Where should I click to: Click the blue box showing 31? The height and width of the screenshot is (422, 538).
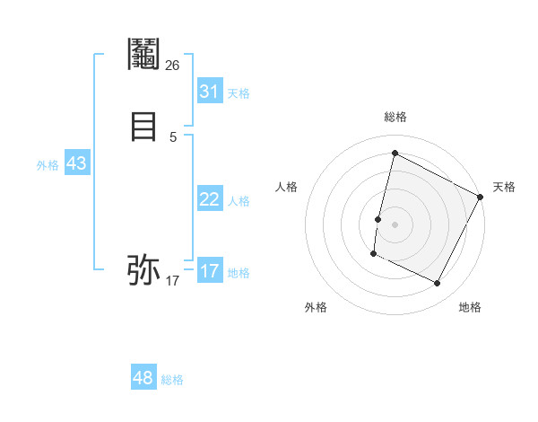point(209,92)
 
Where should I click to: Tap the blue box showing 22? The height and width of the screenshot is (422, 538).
point(209,199)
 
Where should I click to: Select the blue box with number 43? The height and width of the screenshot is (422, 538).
point(76,163)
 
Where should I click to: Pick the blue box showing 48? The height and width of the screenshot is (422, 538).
point(143,378)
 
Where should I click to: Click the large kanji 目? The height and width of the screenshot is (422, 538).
point(143,127)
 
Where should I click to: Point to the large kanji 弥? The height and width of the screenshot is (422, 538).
point(143,268)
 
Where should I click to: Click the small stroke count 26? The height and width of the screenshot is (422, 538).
point(172,65)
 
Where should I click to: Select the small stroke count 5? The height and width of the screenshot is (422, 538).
point(172,136)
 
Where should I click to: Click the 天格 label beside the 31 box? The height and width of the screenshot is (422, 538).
point(239,93)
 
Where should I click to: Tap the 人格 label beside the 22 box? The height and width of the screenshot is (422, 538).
point(239,201)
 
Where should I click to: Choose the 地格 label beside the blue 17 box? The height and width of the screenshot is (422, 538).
point(239,273)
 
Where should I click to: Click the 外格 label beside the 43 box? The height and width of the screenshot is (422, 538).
point(48,165)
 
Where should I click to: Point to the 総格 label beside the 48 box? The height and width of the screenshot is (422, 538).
point(172,380)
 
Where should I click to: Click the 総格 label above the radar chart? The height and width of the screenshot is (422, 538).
point(395,117)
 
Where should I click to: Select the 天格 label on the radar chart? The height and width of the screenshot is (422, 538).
point(504,187)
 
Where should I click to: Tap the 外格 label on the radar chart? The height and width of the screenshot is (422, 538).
point(316,307)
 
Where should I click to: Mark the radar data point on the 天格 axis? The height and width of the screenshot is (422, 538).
point(481,197)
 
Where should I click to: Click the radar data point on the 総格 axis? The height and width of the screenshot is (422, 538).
point(395,153)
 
